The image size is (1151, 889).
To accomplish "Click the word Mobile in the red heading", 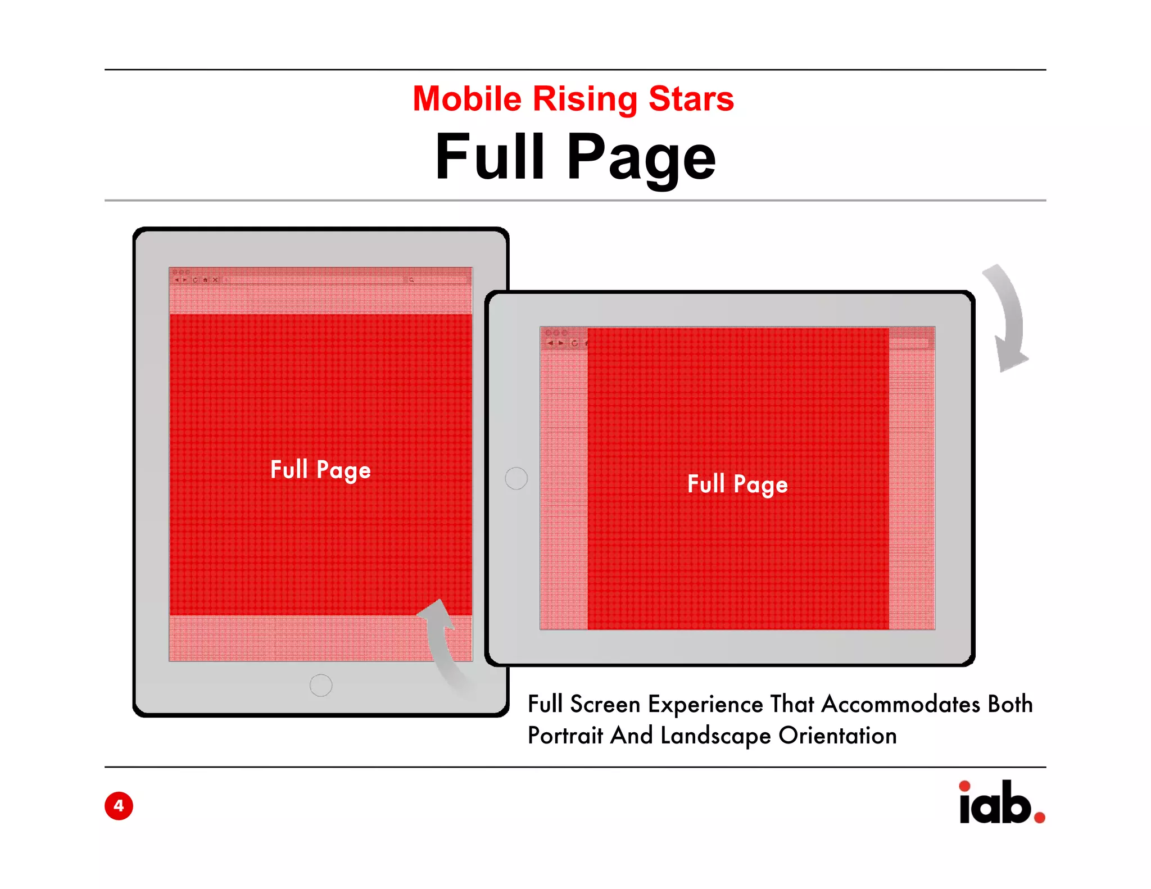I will (x=467, y=99).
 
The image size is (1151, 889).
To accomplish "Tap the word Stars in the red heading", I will (x=691, y=99).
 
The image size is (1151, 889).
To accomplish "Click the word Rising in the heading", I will (x=584, y=100).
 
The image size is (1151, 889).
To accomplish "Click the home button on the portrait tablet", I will (x=321, y=685).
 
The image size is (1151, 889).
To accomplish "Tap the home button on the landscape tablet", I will (x=516, y=478).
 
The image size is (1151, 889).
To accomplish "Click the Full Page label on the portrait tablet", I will (x=320, y=470).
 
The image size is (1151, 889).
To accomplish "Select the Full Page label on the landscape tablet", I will (x=737, y=484).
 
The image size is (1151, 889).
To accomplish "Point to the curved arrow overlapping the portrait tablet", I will (x=444, y=646).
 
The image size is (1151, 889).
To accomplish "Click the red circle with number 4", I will (x=119, y=806).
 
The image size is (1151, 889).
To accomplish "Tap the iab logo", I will (x=995, y=804).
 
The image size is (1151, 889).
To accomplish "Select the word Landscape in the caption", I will (x=715, y=736).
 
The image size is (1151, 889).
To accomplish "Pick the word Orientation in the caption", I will (x=837, y=736).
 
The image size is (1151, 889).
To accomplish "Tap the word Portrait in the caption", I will (x=565, y=736).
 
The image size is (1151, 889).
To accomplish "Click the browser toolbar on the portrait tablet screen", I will (x=320, y=279).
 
